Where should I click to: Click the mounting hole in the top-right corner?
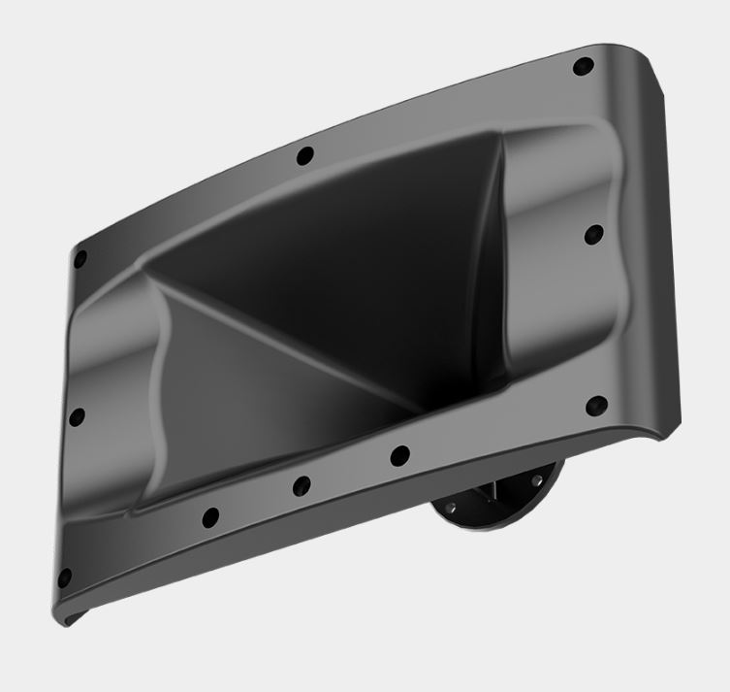tap(584, 68)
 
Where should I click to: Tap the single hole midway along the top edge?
tap(305, 155)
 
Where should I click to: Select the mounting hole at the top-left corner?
tap(80, 259)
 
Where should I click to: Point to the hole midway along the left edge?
tap(78, 416)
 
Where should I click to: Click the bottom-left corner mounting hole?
tap(64, 578)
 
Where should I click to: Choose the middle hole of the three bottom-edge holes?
tap(302, 485)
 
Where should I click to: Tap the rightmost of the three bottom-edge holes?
tap(397, 454)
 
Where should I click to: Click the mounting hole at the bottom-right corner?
tap(598, 405)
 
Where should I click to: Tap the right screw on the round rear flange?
tap(535, 480)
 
